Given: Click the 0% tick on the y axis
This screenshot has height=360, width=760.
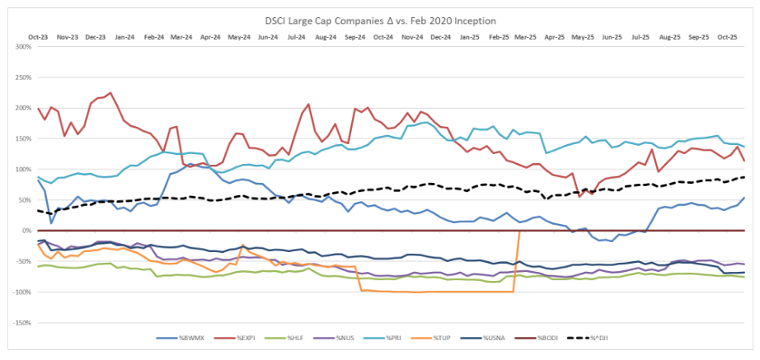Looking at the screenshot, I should (25, 231).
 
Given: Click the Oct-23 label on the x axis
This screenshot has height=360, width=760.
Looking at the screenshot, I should (38, 37).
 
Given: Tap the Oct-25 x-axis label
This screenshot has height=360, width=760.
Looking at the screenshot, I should (727, 37).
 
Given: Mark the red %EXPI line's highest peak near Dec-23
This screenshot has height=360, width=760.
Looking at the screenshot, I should (110, 93).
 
